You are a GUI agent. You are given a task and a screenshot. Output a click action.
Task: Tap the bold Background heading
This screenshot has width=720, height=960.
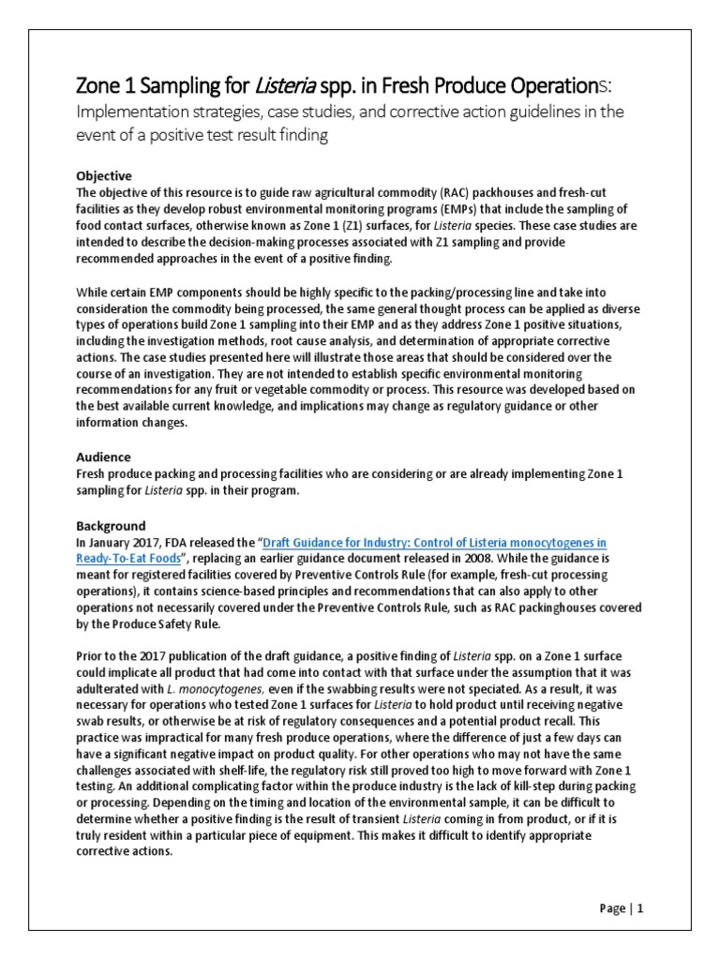point(110,526)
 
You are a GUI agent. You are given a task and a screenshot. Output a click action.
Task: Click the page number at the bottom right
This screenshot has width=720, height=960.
point(621,907)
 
